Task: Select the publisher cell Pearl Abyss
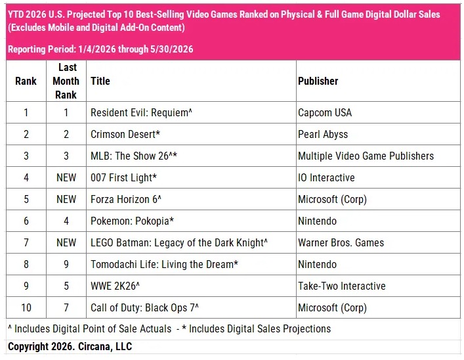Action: (x=323, y=134)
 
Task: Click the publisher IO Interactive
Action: (x=326, y=177)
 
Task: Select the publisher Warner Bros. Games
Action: (x=341, y=242)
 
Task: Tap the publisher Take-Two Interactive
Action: (x=342, y=286)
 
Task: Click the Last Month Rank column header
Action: (x=66, y=81)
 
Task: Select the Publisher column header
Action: (x=318, y=81)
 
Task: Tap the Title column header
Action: (x=100, y=81)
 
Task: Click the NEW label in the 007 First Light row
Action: (x=66, y=177)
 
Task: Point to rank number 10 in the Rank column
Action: (x=26, y=307)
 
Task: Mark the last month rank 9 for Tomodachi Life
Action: (x=66, y=264)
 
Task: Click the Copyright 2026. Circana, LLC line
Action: (x=70, y=346)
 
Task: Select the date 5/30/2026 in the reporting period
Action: (x=172, y=49)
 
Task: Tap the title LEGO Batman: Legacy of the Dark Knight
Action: (x=179, y=242)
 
